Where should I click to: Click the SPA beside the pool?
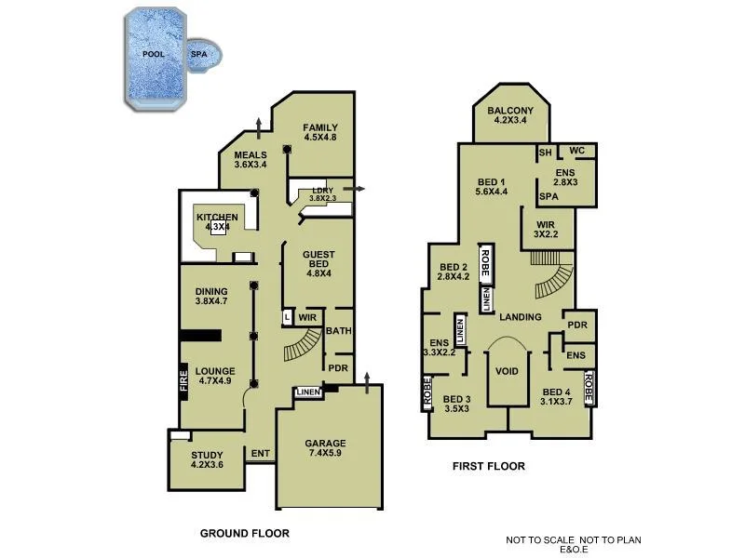[200, 55]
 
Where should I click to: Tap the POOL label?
[154, 55]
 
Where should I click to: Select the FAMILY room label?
[319, 132]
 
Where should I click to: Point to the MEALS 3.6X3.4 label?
[251, 160]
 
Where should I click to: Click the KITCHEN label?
[217, 221]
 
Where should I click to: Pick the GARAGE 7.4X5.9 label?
[326, 449]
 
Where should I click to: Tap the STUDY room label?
[207, 459]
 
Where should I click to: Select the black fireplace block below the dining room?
[198, 337]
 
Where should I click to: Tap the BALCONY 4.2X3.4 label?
[510, 114]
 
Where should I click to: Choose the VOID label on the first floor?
[507, 370]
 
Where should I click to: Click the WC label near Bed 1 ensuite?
[576, 151]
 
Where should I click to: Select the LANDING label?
[520, 317]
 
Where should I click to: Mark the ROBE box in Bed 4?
[589, 387]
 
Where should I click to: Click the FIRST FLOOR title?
[488, 467]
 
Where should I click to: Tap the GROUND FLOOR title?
[244, 534]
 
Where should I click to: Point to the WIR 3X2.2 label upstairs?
[545, 230]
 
